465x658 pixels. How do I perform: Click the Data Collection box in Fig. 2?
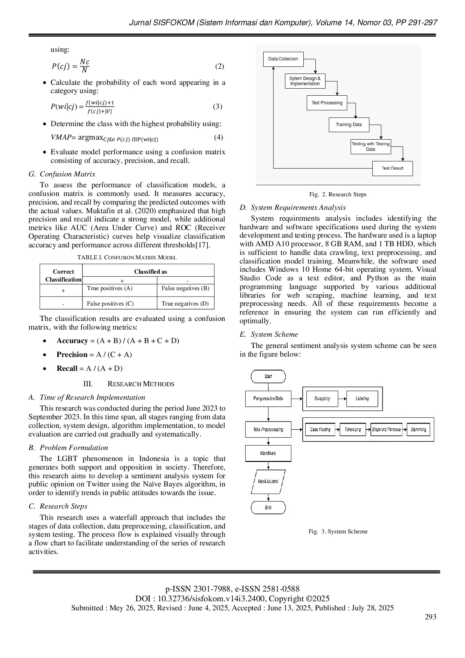(283, 59)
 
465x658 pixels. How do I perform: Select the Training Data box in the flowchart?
(349, 125)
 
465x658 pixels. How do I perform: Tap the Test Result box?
(392, 168)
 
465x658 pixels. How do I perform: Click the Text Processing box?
(327, 102)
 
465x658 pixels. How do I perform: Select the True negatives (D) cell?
(185, 303)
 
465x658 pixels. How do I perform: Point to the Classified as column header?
(150, 271)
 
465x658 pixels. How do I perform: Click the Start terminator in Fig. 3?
(268, 376)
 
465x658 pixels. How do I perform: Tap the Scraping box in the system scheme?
(322, 399)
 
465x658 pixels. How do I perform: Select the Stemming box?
(418, 429)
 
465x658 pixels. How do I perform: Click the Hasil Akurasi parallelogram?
(268, 481)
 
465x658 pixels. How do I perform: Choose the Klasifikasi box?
(268, 453)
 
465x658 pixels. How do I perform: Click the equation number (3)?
(217, 106)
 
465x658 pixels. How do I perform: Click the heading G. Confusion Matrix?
(62, 174)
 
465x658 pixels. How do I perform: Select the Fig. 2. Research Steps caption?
(337, 194)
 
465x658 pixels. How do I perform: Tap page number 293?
(430, 617)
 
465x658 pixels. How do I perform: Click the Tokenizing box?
(352, 429)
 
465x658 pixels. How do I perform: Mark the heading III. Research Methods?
(129, 384)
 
